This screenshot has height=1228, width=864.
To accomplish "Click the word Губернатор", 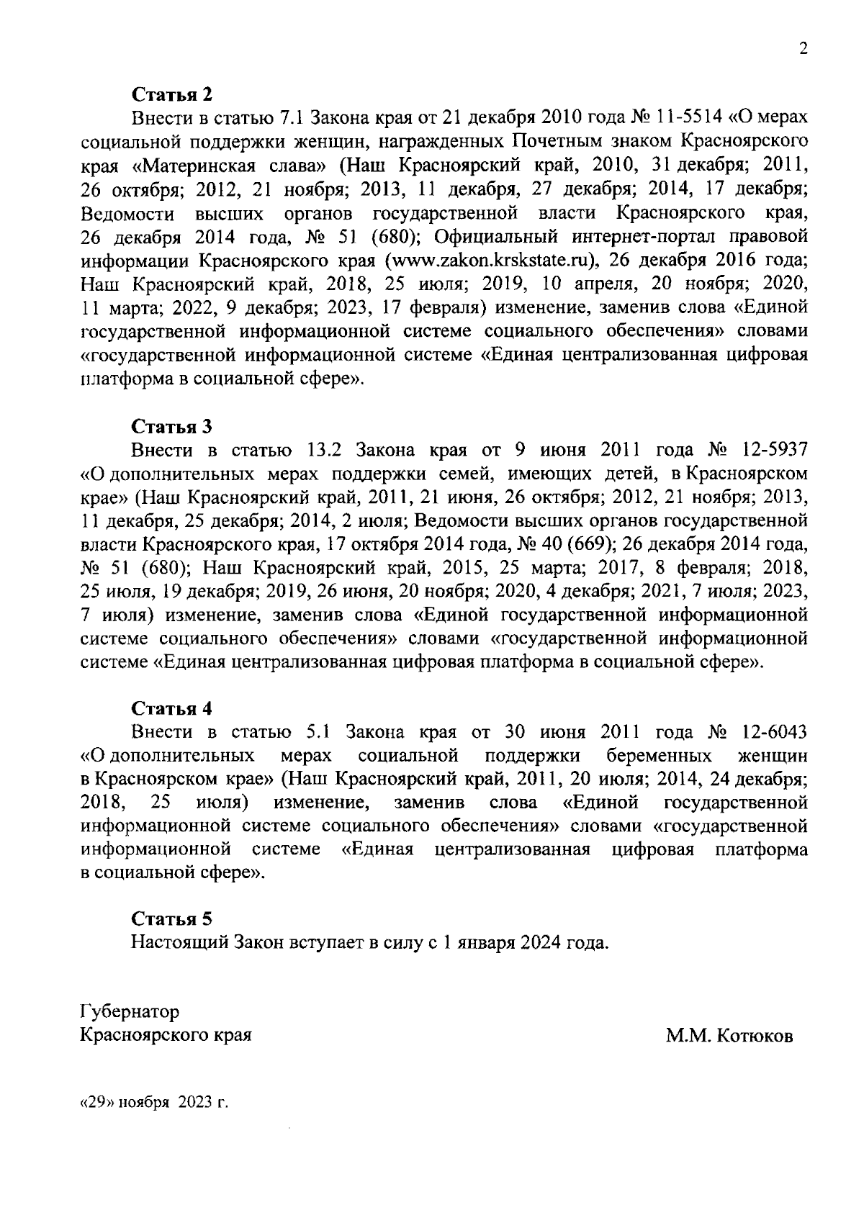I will click(130, 1012).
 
